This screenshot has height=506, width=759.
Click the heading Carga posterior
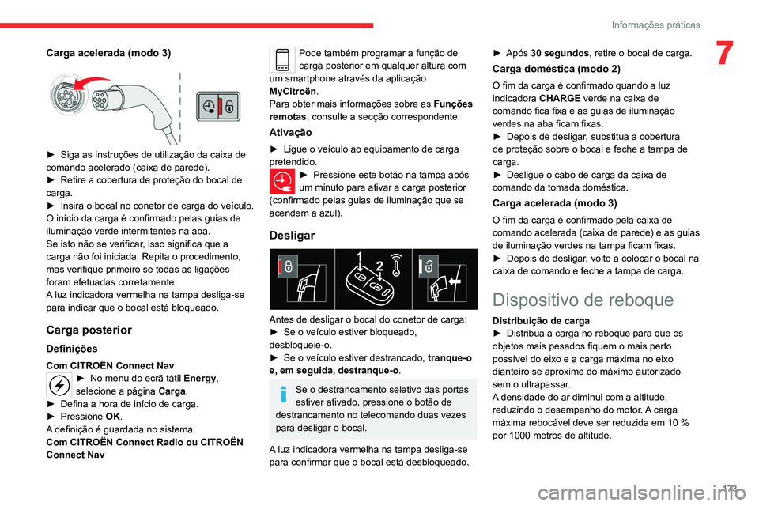coord(89,330)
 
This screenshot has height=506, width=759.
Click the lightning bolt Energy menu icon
coord(59,384)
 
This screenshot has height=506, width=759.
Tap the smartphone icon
coord(282,60)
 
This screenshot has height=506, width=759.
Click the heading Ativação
coord(290,132)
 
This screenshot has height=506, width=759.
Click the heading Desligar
coord(292,236)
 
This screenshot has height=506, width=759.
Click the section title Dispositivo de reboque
coord(583,300)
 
